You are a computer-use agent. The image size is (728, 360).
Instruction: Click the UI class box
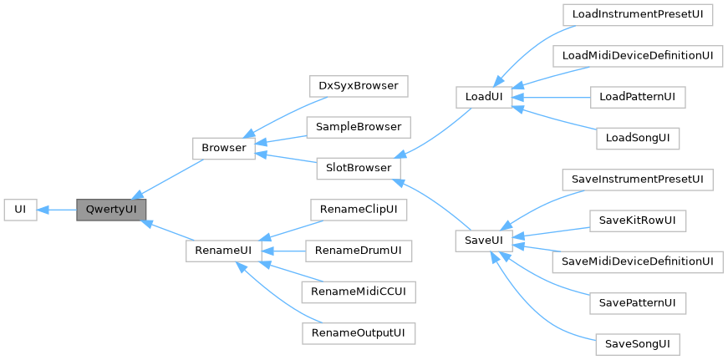point(20,210)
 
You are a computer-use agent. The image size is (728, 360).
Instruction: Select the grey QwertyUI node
point(111,210)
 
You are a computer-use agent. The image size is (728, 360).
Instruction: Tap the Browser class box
point(223,148)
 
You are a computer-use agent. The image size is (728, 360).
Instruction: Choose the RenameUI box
point(218,251)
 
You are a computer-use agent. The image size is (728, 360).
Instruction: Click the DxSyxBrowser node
point(358,86)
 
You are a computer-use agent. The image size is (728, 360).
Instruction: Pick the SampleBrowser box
point(358,127)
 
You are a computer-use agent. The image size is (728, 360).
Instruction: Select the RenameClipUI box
point(358,209)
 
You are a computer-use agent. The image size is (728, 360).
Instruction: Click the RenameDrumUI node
point(358,251)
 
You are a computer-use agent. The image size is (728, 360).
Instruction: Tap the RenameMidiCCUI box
point(358,292)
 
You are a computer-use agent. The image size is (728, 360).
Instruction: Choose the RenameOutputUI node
point(358,332)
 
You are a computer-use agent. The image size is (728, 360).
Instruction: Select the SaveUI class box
point(484,241)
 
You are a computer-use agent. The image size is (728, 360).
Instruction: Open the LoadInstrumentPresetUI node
point(637,14)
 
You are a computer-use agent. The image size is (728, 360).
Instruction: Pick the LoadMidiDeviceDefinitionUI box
point(637,55)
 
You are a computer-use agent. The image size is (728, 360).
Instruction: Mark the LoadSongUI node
point(637,137)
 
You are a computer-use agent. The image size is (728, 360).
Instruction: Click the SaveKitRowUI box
point(637,221)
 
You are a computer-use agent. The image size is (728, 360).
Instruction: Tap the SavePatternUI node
point(637,302)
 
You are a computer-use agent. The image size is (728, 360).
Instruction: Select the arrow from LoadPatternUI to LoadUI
point(552,97)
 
